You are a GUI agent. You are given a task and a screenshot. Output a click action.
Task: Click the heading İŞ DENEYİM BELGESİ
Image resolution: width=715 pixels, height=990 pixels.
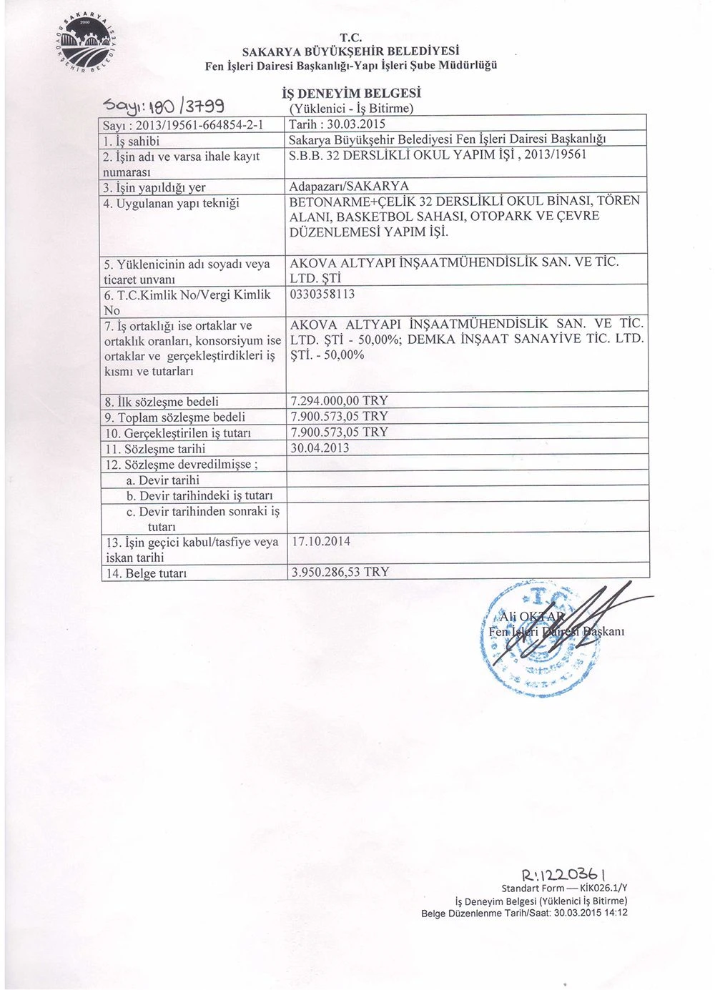(x=351, y=93)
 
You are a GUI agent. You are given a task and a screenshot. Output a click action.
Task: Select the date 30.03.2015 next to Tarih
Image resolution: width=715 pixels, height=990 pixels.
(x=355, y=124)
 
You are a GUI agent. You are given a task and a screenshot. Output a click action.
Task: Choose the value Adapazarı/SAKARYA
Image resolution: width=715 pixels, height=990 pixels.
(x=349, y=187)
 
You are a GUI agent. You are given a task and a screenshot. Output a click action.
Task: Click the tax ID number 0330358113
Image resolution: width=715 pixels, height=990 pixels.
(x=322, y=294)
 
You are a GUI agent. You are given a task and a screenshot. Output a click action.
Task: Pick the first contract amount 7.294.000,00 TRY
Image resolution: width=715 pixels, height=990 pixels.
(x=339, y=400)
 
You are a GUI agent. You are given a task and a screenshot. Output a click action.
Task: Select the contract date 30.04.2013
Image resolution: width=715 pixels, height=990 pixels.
(x=320, y=448)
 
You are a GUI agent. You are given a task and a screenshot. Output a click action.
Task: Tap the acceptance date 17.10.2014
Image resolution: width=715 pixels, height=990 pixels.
(x=320, y=541)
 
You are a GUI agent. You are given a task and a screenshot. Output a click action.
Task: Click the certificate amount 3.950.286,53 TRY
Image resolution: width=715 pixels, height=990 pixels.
(x=340, y=572)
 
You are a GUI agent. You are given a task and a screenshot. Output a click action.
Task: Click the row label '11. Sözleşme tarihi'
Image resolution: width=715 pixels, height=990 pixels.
(x=155, y=449)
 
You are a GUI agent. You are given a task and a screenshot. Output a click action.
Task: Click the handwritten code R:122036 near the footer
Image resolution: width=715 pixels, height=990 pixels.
(x=566, y=873)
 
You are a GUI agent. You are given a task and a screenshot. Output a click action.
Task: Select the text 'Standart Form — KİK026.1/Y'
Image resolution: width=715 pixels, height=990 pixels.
(x=564, y=888)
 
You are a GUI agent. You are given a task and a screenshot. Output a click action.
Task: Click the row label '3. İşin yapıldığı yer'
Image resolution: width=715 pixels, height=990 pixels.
(x=155, y=187)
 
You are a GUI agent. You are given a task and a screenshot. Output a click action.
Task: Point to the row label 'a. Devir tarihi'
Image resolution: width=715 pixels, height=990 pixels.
(x=162, y=480)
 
